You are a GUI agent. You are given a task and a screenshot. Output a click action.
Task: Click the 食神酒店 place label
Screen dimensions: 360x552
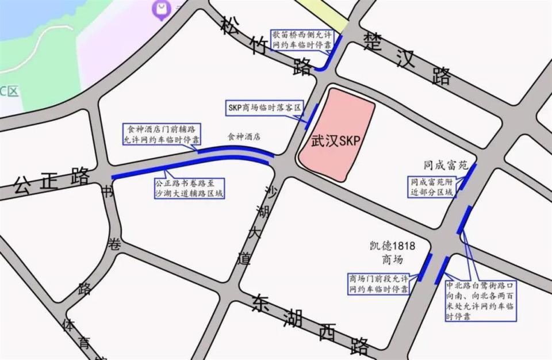(x=244, y=137)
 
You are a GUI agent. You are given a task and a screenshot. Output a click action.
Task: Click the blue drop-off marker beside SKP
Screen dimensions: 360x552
(x=311, y=116)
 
